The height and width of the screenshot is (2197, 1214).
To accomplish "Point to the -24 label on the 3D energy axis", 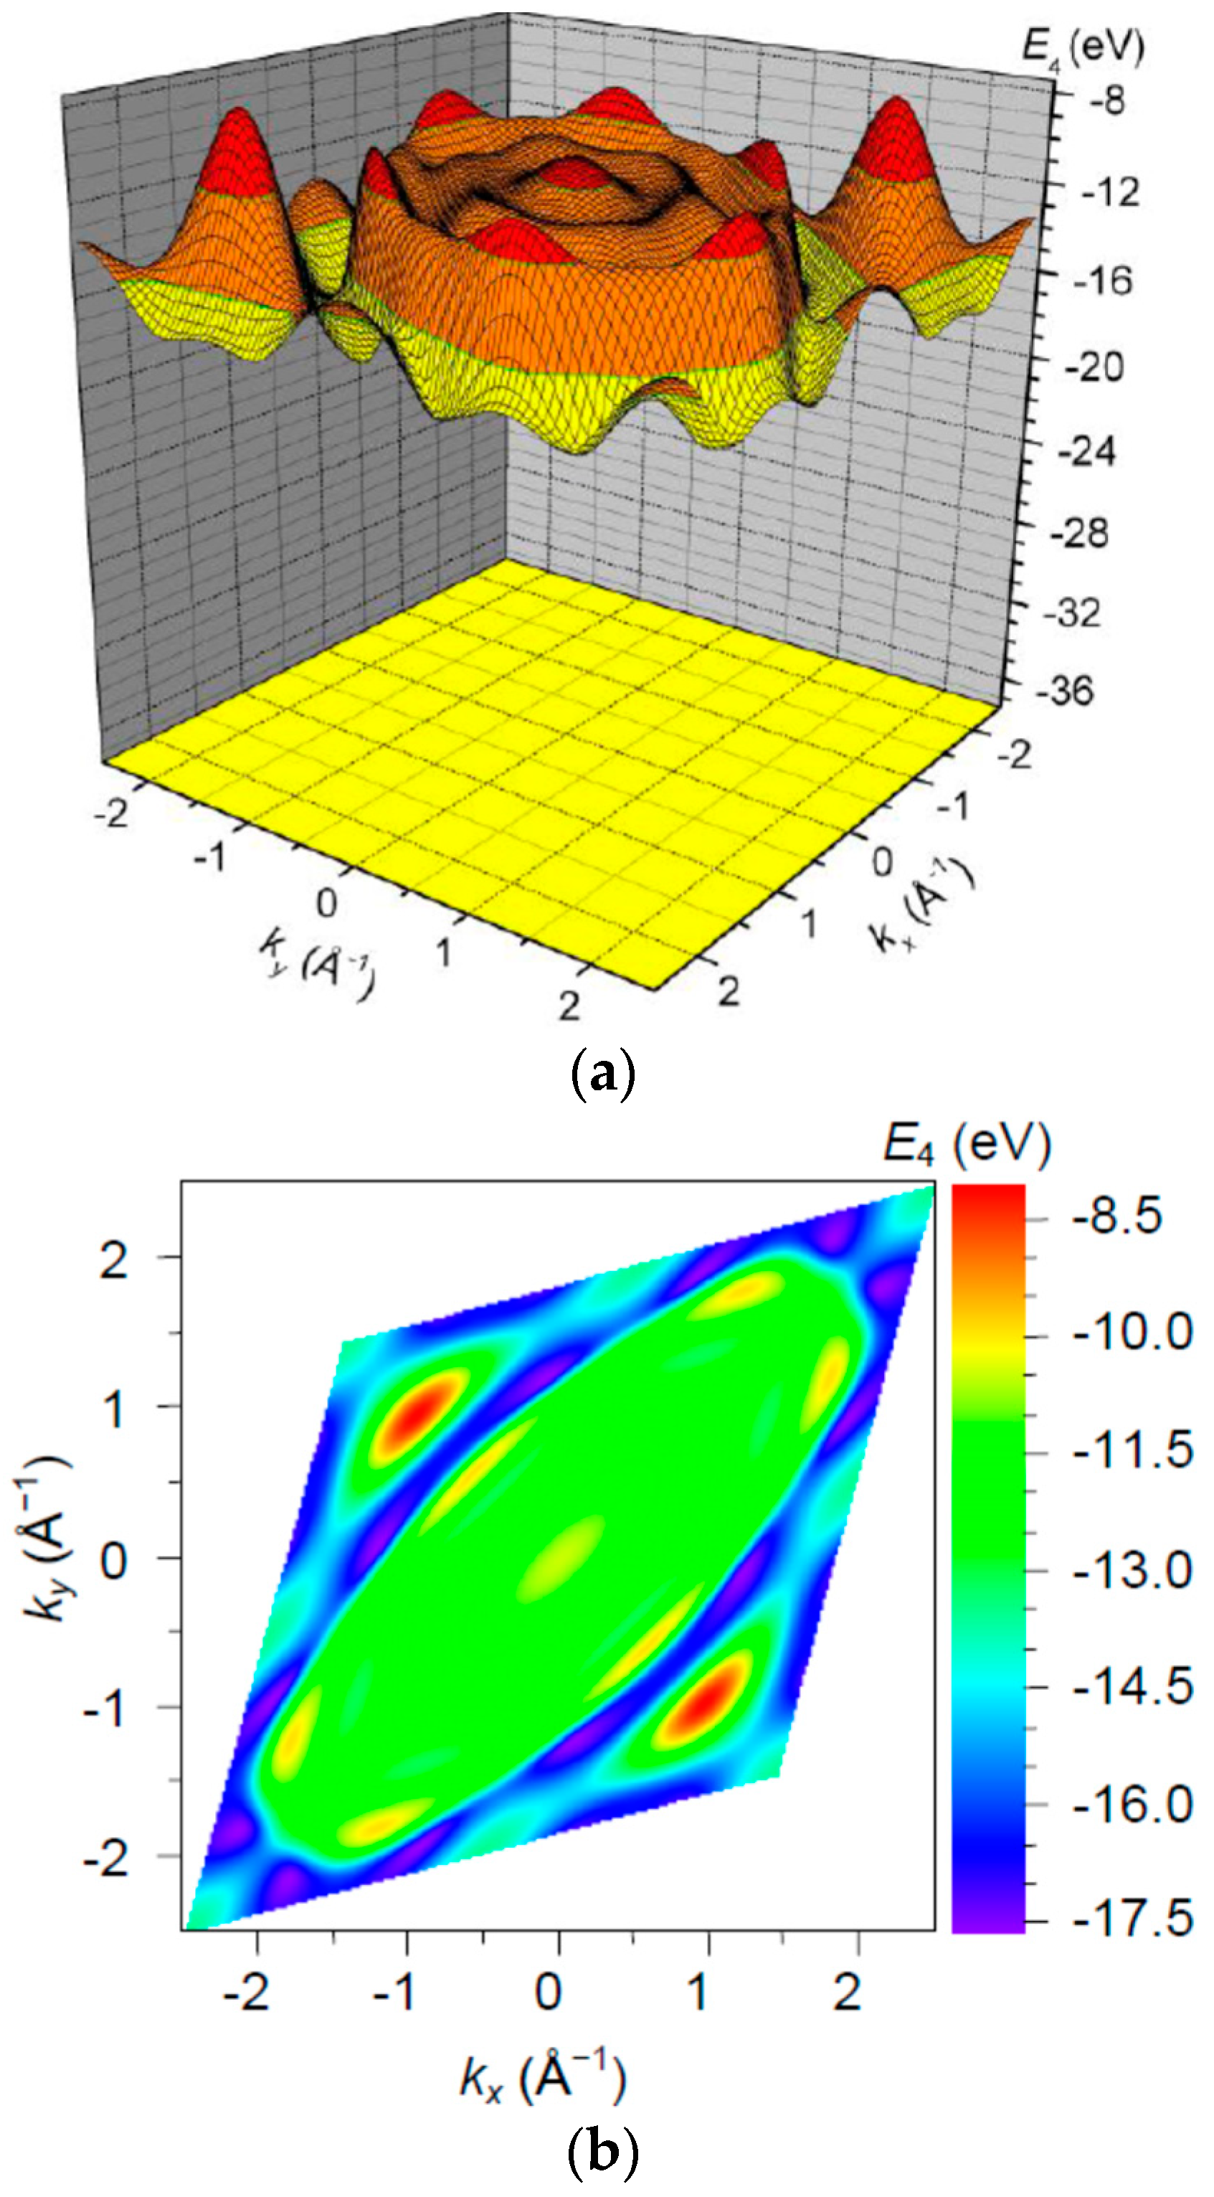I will pos(1085,450).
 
